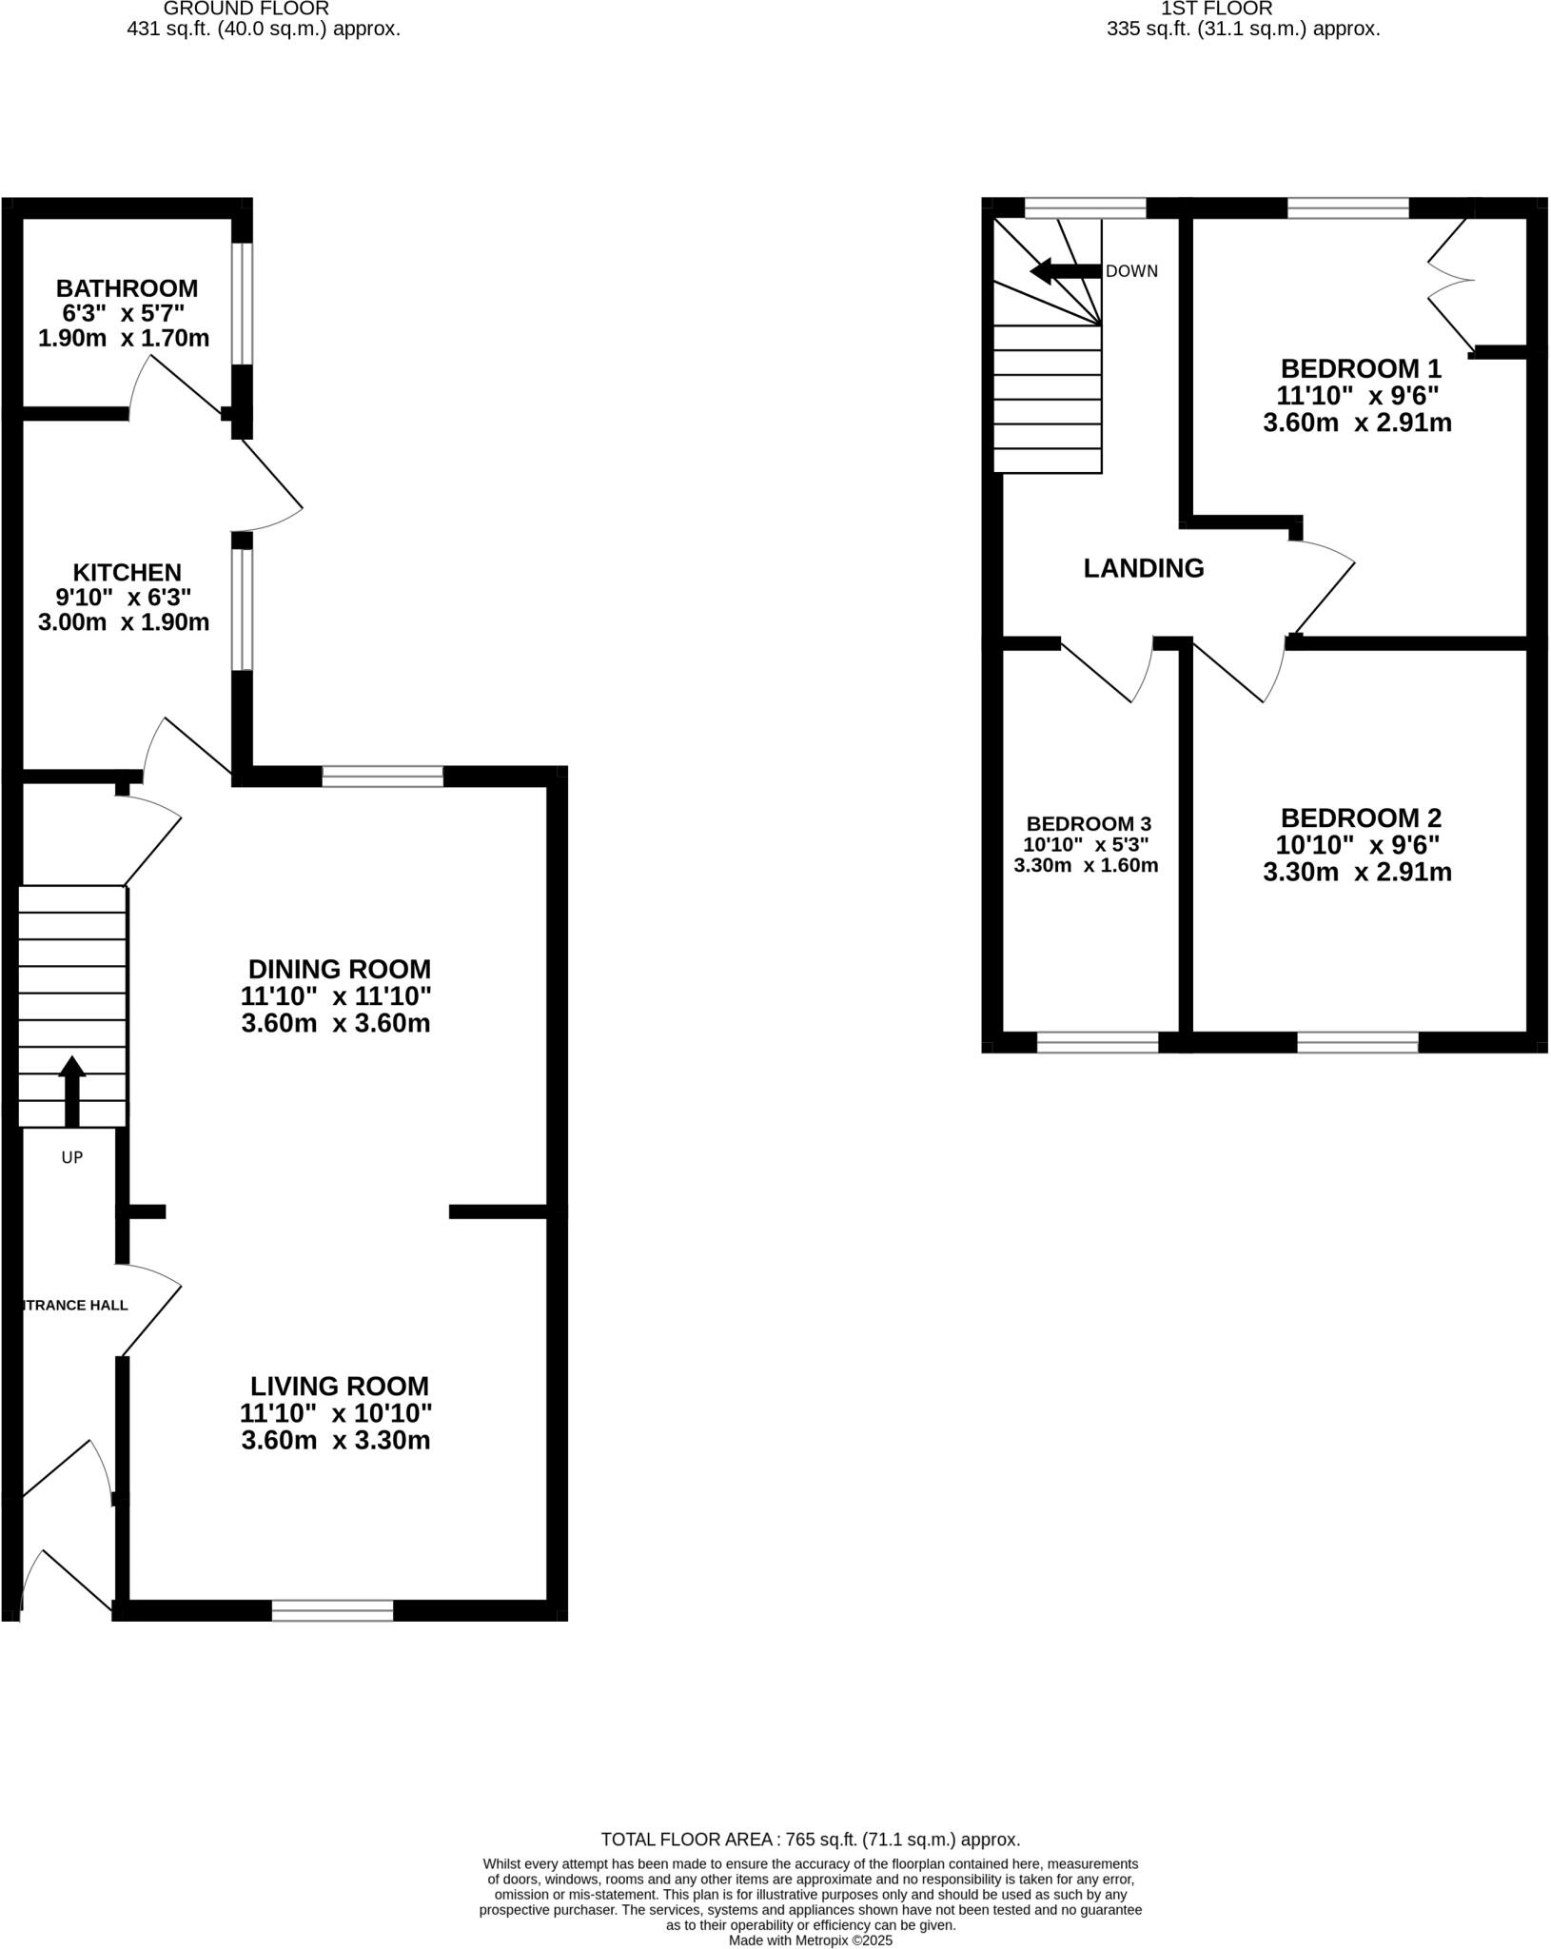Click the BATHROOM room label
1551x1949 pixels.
click(127, 287)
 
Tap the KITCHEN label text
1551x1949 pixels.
click(127, 572)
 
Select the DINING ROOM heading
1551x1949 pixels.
click(339, 969)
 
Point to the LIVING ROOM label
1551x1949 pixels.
click(339, 1386)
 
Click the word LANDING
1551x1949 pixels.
click(1143, 568)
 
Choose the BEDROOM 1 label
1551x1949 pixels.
click(1360, 368)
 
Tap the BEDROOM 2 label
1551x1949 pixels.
click(1360, 817)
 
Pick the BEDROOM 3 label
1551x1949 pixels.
click(1088, 823)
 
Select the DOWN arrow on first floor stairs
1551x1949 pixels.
click(1064, 271)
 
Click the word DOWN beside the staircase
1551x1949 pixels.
click(1131, 271)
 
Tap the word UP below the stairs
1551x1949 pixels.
click(72, 1157)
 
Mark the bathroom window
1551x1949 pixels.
click(243, 303)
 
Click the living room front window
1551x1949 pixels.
click(332, 1609)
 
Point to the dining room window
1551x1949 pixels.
click(383, 777)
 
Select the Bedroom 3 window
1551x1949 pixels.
click(1097, 1042)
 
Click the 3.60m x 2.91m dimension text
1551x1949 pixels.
click(1356, 423)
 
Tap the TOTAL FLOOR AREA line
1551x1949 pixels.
click(810, 1840)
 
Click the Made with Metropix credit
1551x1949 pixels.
click(810, 1939)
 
